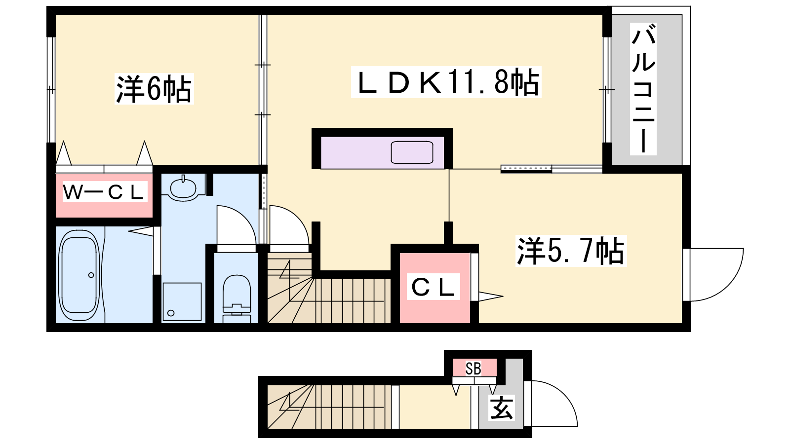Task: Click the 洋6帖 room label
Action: click(154, 89)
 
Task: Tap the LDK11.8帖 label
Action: click(446, 82)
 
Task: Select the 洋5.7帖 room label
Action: click(571, 251)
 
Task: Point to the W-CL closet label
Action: click(105, 192)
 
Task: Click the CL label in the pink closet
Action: click(433, 287)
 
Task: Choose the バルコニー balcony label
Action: click(643, 89)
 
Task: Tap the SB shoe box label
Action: click(474, 369)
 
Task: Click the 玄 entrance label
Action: click(501, 407)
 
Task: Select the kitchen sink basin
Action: click(412, 152)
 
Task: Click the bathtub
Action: click(79, 274)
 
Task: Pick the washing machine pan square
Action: click(182, 301)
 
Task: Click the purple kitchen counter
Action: click(382, 152)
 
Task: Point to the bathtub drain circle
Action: click(91, 275)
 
